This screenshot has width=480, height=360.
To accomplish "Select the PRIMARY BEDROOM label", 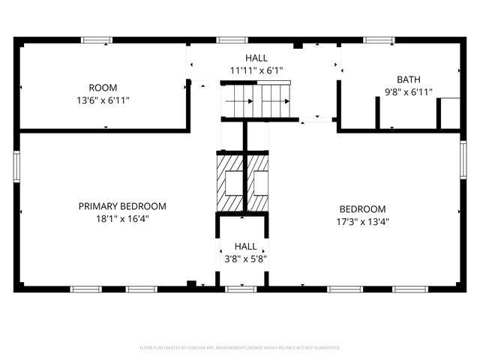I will click(122, 206).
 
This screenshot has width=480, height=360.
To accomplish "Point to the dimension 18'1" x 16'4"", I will click(122, 219).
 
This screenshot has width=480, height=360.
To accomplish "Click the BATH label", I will click(409, 79).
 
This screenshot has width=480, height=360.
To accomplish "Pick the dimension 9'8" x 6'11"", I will click(409, 91).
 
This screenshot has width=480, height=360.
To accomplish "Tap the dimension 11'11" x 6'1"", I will click(256, 70).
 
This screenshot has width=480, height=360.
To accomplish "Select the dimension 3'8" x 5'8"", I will click(245, 259).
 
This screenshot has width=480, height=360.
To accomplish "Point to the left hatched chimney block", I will click(230, 182).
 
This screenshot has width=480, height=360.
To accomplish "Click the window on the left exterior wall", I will click(16, 165).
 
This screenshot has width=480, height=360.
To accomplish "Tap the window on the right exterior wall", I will click(463, 160).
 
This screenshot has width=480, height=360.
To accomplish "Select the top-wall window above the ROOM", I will click(97, 40).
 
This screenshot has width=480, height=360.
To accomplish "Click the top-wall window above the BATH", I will click(379, 40).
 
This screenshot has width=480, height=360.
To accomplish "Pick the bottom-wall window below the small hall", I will click(241, 289).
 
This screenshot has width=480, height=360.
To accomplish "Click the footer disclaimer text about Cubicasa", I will click(240, 348).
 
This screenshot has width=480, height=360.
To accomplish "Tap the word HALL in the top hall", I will click(256, 58).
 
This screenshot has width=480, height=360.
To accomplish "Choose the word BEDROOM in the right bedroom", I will click(362, 209).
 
